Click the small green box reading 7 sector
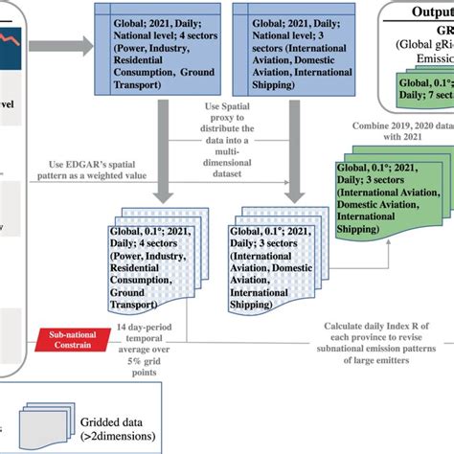pos(422,90)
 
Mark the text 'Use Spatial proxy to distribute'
pos(221,116)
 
